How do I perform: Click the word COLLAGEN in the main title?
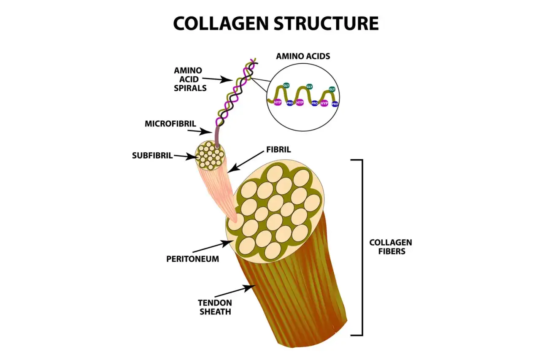(x=221, y=23)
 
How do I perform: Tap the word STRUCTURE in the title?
(x=326, y=23)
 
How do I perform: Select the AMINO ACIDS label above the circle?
(x=303, y=56)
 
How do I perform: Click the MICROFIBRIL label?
(x=170, y=124)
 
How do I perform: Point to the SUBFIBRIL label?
(x=152, y=156)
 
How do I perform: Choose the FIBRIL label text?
(x=278, y=150)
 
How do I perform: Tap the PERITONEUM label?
(x=193, y=259)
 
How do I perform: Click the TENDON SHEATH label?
(x=215, y=307)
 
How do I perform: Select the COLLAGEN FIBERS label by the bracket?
(x=391, y=247)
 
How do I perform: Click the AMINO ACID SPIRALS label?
(x=190, y=79)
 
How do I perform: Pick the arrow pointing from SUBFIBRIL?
(x=186, y=157)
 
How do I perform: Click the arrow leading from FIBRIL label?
(x=246, y=162)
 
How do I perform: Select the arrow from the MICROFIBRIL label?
(x=200, y=131)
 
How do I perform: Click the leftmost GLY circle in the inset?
(x=286, y=86)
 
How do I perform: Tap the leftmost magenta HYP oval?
(x=278, y=103)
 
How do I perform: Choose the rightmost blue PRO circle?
(x=335, y=104)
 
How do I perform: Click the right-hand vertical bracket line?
(x=362, y=247)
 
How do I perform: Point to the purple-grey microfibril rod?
(x=217, y=137)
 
